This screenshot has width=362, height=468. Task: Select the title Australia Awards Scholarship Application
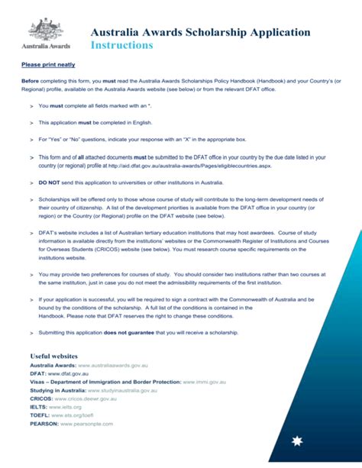[200, 32]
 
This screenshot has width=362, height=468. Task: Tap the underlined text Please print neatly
[48, 65]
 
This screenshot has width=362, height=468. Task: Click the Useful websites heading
[53, 356]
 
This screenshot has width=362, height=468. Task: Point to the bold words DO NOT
[50, 182]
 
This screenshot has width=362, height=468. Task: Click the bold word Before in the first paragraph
[30, 80]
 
